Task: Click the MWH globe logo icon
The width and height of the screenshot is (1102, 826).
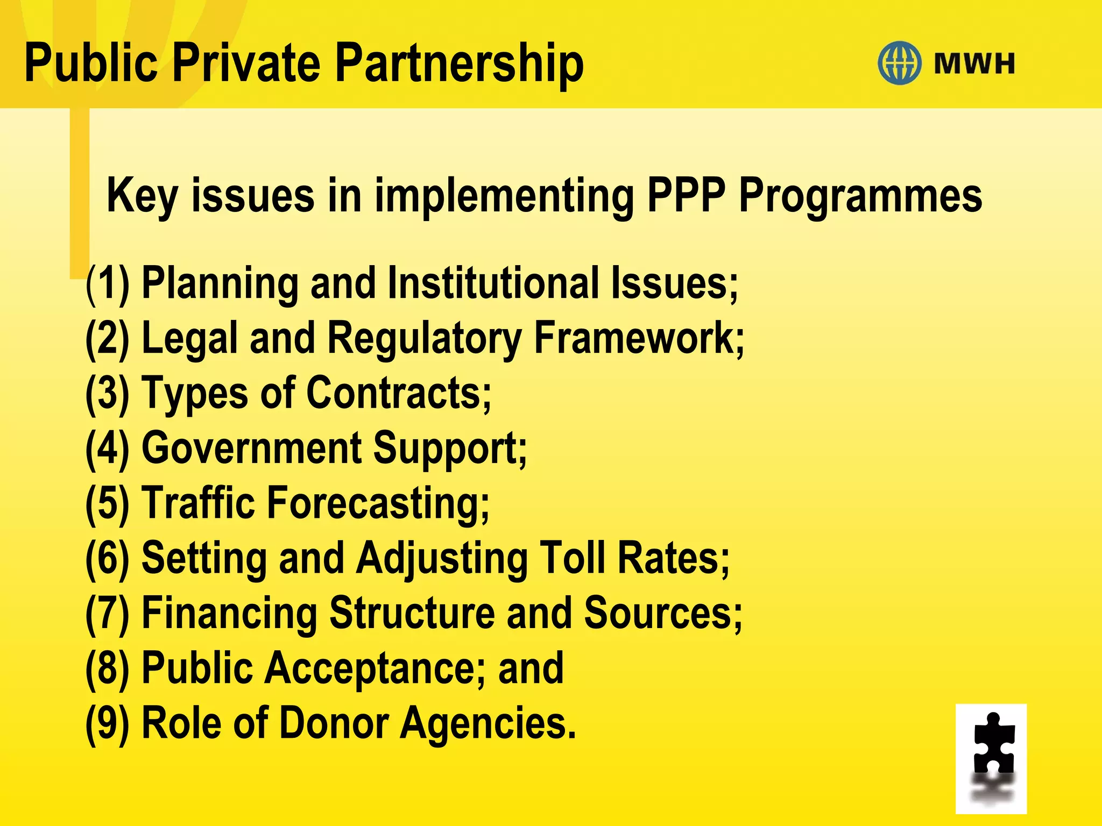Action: (899, 63)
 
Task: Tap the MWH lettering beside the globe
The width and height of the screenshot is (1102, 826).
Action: (974, 63)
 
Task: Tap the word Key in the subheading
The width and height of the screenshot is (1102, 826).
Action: (142, 197)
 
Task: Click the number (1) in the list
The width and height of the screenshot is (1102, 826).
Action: (108, 283)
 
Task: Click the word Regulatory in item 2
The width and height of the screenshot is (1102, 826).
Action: (425, 339)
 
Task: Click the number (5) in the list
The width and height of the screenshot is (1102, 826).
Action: (108, 503)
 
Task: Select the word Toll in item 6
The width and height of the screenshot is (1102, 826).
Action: (573, 558)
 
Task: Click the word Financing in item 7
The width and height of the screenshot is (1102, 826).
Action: (229, 614)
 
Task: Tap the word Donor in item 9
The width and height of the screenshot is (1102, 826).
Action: (334, 723)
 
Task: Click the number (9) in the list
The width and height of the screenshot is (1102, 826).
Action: (108, 723)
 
